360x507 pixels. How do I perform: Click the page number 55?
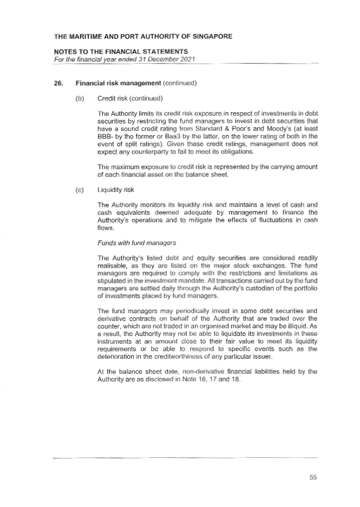(x=313, y=478)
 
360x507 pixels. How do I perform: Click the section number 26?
(x=58, y=83)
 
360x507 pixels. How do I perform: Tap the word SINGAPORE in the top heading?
(x=206, y=37)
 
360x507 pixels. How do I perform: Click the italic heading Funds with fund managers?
(x=134, y=243)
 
